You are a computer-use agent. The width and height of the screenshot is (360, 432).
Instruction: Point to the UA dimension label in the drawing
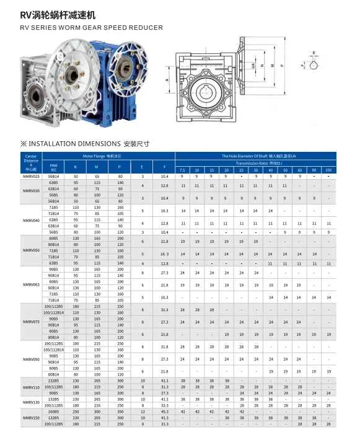253,66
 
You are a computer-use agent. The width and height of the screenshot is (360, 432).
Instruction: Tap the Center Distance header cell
31,162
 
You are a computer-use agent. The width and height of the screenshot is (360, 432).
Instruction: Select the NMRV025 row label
31,177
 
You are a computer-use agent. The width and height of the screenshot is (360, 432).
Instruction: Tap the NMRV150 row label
31,418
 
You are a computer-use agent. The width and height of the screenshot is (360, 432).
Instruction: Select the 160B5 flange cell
54,412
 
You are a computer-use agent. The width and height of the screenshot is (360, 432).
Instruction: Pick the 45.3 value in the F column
164,412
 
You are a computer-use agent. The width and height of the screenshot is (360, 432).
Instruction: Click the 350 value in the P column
120,412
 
